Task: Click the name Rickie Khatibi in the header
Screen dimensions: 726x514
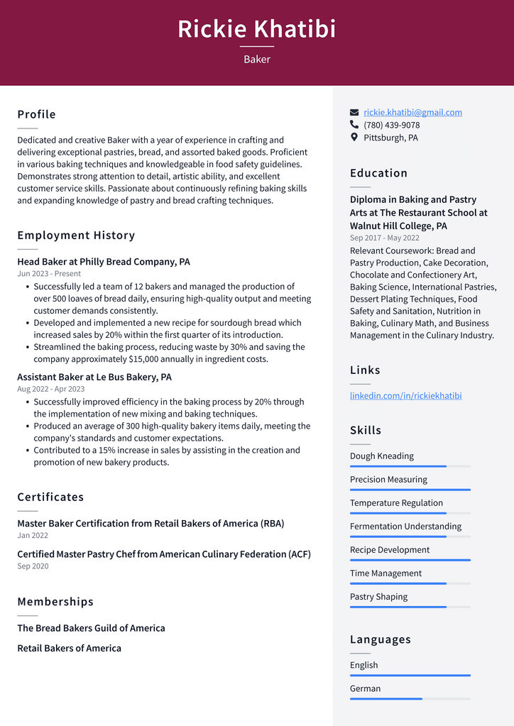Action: click(x=256, y=29)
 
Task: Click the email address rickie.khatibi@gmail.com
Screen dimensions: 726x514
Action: click(x=412, y=112)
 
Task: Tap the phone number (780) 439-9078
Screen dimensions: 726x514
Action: click(x=391, y=125)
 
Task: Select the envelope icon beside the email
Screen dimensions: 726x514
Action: click(x=354, y=112)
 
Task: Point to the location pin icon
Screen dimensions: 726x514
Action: click(x=354, y=138)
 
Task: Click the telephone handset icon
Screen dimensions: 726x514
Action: click(x=354, y=125)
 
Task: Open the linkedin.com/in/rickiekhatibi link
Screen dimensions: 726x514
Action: click(x=405, y=395)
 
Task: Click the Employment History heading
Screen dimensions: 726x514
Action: click(x=76, y=235)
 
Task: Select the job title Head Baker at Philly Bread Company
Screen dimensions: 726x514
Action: click(x=104, y=262)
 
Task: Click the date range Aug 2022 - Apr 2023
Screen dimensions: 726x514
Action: click(x=50, y=389)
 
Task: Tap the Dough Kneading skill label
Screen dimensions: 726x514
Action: click(x=381, y=456)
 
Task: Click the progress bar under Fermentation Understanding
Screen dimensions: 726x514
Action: click(x=410, y=537)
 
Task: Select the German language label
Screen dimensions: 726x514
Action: click(x=365, y=688)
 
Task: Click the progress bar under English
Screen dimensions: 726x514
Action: click(x=410, y=675)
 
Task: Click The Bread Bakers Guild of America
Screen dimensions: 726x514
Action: click(x=91, y=628)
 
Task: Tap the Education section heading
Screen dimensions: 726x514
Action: click(x=378, y=173)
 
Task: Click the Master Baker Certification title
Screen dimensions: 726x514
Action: click(x=151, y=524)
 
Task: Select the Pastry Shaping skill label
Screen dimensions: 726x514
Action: click(x=378, y=597)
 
